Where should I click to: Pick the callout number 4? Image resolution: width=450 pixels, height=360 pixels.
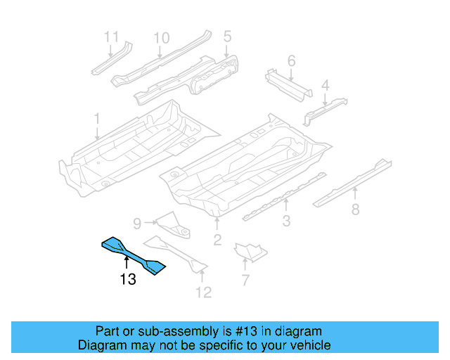pos(325,86)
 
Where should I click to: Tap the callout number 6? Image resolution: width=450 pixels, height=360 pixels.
pos(291,60)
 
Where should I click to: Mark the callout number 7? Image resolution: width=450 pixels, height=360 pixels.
pos(245,281)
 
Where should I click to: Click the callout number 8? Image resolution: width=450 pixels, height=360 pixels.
pos(355,209)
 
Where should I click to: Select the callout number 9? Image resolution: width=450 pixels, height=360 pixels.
pos(138,223)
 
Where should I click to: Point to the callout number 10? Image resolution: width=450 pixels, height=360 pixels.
pos(161,37)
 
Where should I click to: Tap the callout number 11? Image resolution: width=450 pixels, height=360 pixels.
pos(112,37)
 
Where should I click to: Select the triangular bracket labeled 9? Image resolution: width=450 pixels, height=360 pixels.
pos(172,224)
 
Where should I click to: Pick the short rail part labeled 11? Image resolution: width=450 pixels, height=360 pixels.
pos(111,60)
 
